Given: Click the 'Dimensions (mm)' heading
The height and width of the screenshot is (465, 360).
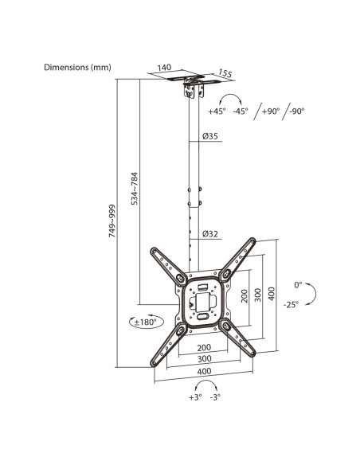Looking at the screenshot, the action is coord(77,68).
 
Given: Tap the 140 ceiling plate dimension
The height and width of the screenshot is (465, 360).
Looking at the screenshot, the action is coord(164,68).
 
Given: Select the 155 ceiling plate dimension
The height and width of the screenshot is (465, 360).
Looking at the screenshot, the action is coord(225,73).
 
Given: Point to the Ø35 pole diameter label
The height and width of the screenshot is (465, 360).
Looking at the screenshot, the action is coord(210,136).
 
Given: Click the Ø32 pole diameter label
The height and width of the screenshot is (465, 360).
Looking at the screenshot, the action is coord(210,233).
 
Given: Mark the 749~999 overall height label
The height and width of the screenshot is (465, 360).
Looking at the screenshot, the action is coord(112,221).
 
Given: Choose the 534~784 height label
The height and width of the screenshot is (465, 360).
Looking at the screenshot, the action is coord(135,189).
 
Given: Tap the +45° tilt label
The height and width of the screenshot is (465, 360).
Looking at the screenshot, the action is coord(217,111).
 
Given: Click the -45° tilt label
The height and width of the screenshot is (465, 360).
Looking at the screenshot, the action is coord(241,111).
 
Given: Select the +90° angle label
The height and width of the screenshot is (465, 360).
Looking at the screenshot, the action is coord(271,111).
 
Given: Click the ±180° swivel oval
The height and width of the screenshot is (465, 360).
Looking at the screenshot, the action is coord(147,322).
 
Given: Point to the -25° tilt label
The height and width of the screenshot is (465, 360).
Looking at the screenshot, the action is coord(291,305).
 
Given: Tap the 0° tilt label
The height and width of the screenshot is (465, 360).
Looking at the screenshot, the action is coord(298,285).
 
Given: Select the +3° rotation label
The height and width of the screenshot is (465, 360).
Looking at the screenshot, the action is coord(195,397).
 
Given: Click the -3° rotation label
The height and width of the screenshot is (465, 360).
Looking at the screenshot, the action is coord(215,397).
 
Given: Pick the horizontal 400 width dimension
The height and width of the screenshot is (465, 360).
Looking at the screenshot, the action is coord(205,371).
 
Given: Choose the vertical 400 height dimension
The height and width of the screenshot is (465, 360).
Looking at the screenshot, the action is coord(272,294).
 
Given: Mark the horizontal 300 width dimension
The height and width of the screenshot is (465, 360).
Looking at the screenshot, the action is coord(205,359).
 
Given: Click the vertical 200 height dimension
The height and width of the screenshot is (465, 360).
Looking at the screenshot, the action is coord(245,296).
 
